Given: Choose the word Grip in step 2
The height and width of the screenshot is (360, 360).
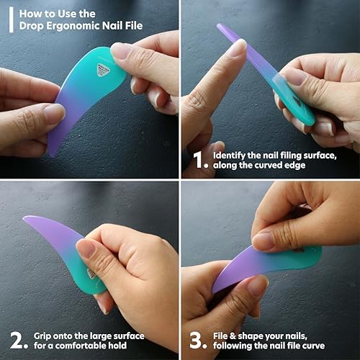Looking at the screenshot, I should coord(44,336).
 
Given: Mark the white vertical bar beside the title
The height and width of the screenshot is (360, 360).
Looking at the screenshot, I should coord(10,19).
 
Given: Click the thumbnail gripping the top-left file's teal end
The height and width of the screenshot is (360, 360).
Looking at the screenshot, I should coord(122,50).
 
